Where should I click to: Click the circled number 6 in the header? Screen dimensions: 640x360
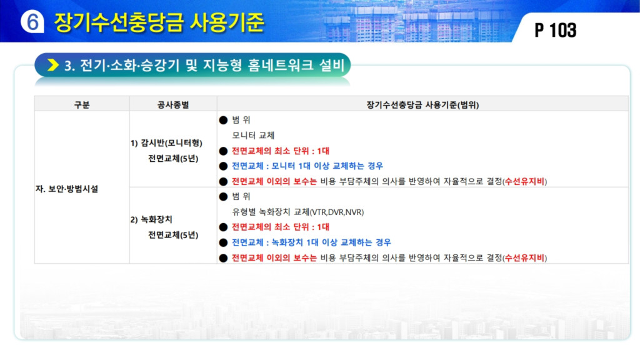32,21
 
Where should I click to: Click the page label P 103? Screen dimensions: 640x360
556,30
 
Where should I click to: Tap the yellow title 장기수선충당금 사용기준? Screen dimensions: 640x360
159,22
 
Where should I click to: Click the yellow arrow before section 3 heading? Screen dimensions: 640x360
53,65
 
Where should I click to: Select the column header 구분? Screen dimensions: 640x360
82,105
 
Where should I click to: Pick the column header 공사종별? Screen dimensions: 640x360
173,105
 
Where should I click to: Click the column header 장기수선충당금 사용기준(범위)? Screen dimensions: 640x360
422,105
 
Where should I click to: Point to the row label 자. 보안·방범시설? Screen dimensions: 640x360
67,189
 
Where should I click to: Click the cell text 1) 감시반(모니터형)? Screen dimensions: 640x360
166,143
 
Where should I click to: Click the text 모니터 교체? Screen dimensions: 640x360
253,135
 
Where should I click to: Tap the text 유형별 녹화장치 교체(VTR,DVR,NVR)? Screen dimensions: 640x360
298,212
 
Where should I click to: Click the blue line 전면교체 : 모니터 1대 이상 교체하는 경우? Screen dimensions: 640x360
307,166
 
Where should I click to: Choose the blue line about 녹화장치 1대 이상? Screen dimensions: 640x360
311,242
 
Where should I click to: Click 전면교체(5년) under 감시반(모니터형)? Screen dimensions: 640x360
173,158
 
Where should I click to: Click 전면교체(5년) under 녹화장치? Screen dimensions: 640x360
173,235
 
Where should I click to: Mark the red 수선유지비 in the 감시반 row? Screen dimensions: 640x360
524,181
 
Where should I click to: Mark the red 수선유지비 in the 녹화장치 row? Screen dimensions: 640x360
524,258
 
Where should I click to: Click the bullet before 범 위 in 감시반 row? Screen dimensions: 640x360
223,120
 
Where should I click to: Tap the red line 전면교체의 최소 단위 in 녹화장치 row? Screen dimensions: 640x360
281,227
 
